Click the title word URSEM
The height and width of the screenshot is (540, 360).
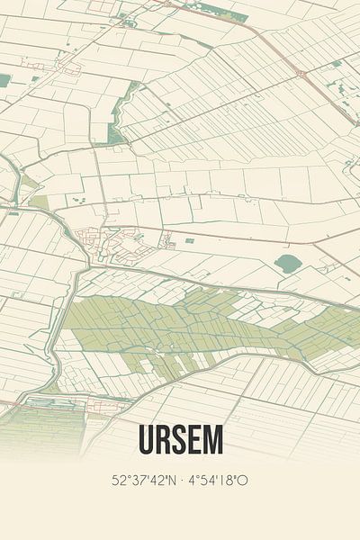(180, 440)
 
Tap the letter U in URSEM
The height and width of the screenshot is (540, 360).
(148, 440)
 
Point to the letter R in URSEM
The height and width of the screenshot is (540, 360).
(165, 440)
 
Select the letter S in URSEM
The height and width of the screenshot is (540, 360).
(180, 440)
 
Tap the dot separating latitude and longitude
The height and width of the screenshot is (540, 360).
(184, 481)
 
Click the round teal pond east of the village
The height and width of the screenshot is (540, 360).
(286, 264)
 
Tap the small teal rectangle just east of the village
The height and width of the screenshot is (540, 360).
(189, 240)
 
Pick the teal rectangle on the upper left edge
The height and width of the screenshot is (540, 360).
(4, 80)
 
